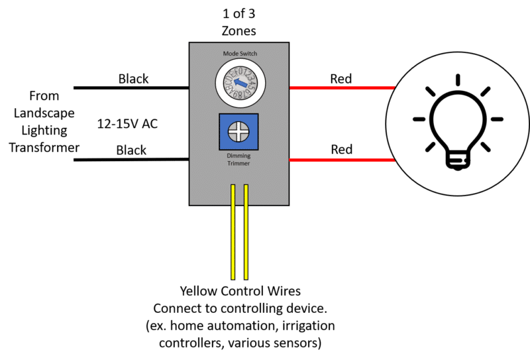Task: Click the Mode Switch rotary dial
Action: tap(238, 82)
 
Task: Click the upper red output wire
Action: tap(341, 88)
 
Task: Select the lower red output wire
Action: tap(341, 159)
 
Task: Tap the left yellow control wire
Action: tap(233, 231)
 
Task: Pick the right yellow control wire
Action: tap(246, 231)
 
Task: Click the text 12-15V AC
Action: tap(127, 124)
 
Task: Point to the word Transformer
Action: tap(44, 147)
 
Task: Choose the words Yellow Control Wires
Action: tap(239, 291)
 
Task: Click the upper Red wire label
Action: tap(341, 78)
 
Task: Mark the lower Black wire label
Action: tap(131, 150)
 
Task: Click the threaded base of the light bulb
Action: tap(456, 158)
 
